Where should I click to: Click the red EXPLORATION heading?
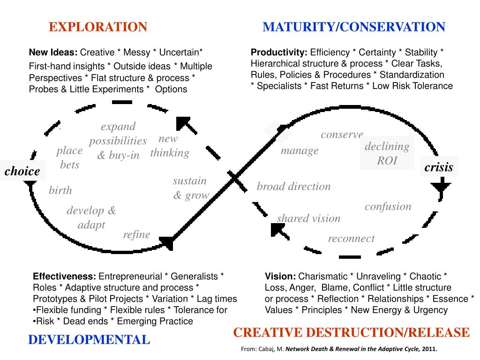pyautogui.click(x=98, y=27)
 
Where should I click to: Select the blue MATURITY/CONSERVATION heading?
pyautogui.click(x=354, y=27)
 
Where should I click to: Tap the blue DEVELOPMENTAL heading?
pyautogui.click(x=89, y=339)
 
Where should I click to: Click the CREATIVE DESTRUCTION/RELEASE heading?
pyautogui.click(x=351, y=332)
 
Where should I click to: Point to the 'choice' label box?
pyautogui.click(x=22, y=172)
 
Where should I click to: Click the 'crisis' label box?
pyautogui.click(x=439, y=167)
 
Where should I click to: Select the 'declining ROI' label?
pyautogui.click(x=387, y=154)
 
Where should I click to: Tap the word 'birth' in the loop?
pyautogui.click(x=60, y=190)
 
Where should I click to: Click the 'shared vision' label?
pyautogui.click(x=308, y=218)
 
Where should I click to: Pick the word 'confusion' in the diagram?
pyautogui.click(x=388, y=206)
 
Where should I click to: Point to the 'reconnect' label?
pyautogui.click(x=351, y=238)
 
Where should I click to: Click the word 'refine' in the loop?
pyautogui.click(x=136, y=234)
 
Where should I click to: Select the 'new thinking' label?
pyautogui.click(x=169, y=146)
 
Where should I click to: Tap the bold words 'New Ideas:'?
pyautogui.click(x=54, y=52)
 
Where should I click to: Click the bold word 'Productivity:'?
pyautogui.click(x=279, y=52)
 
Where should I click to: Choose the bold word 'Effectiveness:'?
pyautogui.click(x=65, y=276)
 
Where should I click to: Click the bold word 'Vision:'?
pyautogui.click(x=280, y=276)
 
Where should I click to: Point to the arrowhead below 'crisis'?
pyautogui.click(x=440, y=188)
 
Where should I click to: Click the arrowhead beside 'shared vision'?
pyautogui.click(x=280, y=231)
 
